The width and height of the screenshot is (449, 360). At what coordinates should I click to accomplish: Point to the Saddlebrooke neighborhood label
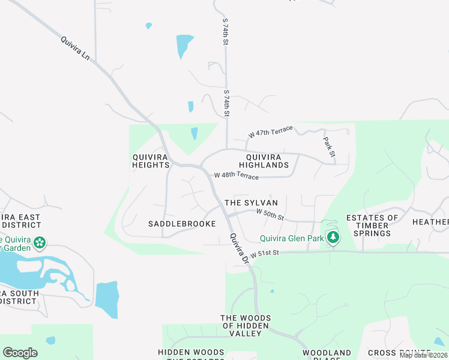(182, 224)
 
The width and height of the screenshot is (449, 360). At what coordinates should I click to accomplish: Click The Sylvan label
(251, 203)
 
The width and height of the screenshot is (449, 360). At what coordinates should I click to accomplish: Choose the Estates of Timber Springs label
(372, 226)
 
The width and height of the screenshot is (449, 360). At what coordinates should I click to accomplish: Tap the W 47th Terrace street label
(271, 131)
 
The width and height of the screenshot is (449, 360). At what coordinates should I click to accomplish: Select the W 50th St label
(270, 213)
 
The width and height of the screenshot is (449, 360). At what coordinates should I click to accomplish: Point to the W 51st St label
(265, 254)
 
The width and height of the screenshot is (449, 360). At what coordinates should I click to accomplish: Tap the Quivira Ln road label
(75, 49)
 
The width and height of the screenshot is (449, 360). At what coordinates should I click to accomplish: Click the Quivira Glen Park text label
(292, 238)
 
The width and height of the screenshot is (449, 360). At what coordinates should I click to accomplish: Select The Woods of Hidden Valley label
(246, 326)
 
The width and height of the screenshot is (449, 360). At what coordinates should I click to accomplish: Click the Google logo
(20, 353)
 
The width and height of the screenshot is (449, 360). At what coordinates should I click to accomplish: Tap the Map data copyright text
(424, 355)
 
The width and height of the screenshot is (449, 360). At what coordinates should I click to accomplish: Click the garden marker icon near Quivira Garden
(40, 243)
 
